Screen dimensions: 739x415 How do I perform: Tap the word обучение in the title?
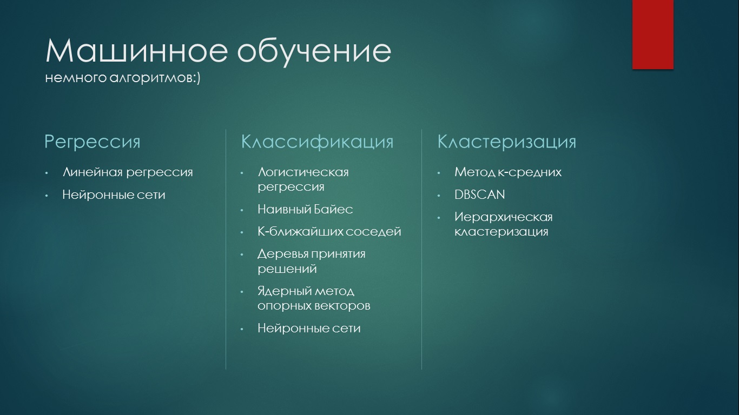tap(314, 51)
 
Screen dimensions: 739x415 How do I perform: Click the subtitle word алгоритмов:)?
tap(155, 78)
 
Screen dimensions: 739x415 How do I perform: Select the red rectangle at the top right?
tap(652, 35)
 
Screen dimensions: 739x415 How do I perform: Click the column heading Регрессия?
tap(93, 142)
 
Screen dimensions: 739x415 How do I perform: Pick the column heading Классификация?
tap(318, 142)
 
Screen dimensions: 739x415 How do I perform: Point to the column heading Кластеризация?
tap(506, 142)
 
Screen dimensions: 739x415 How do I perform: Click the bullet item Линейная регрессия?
tap(128, 172)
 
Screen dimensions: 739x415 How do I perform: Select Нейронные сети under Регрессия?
tap(114, 195)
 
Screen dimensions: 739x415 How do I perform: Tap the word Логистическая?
tap(303, 172)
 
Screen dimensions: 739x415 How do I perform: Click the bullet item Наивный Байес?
tap(305, 209)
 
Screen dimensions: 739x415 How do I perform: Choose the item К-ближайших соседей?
tap(329, 232)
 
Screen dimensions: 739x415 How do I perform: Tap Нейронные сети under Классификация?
tap(309, 329)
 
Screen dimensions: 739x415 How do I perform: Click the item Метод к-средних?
tap(508, 172)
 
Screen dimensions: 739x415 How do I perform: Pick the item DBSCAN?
tap(480, 195)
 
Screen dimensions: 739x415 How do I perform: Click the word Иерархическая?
tap(504, 217)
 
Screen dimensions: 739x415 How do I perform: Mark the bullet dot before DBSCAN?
tap(439, 196)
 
